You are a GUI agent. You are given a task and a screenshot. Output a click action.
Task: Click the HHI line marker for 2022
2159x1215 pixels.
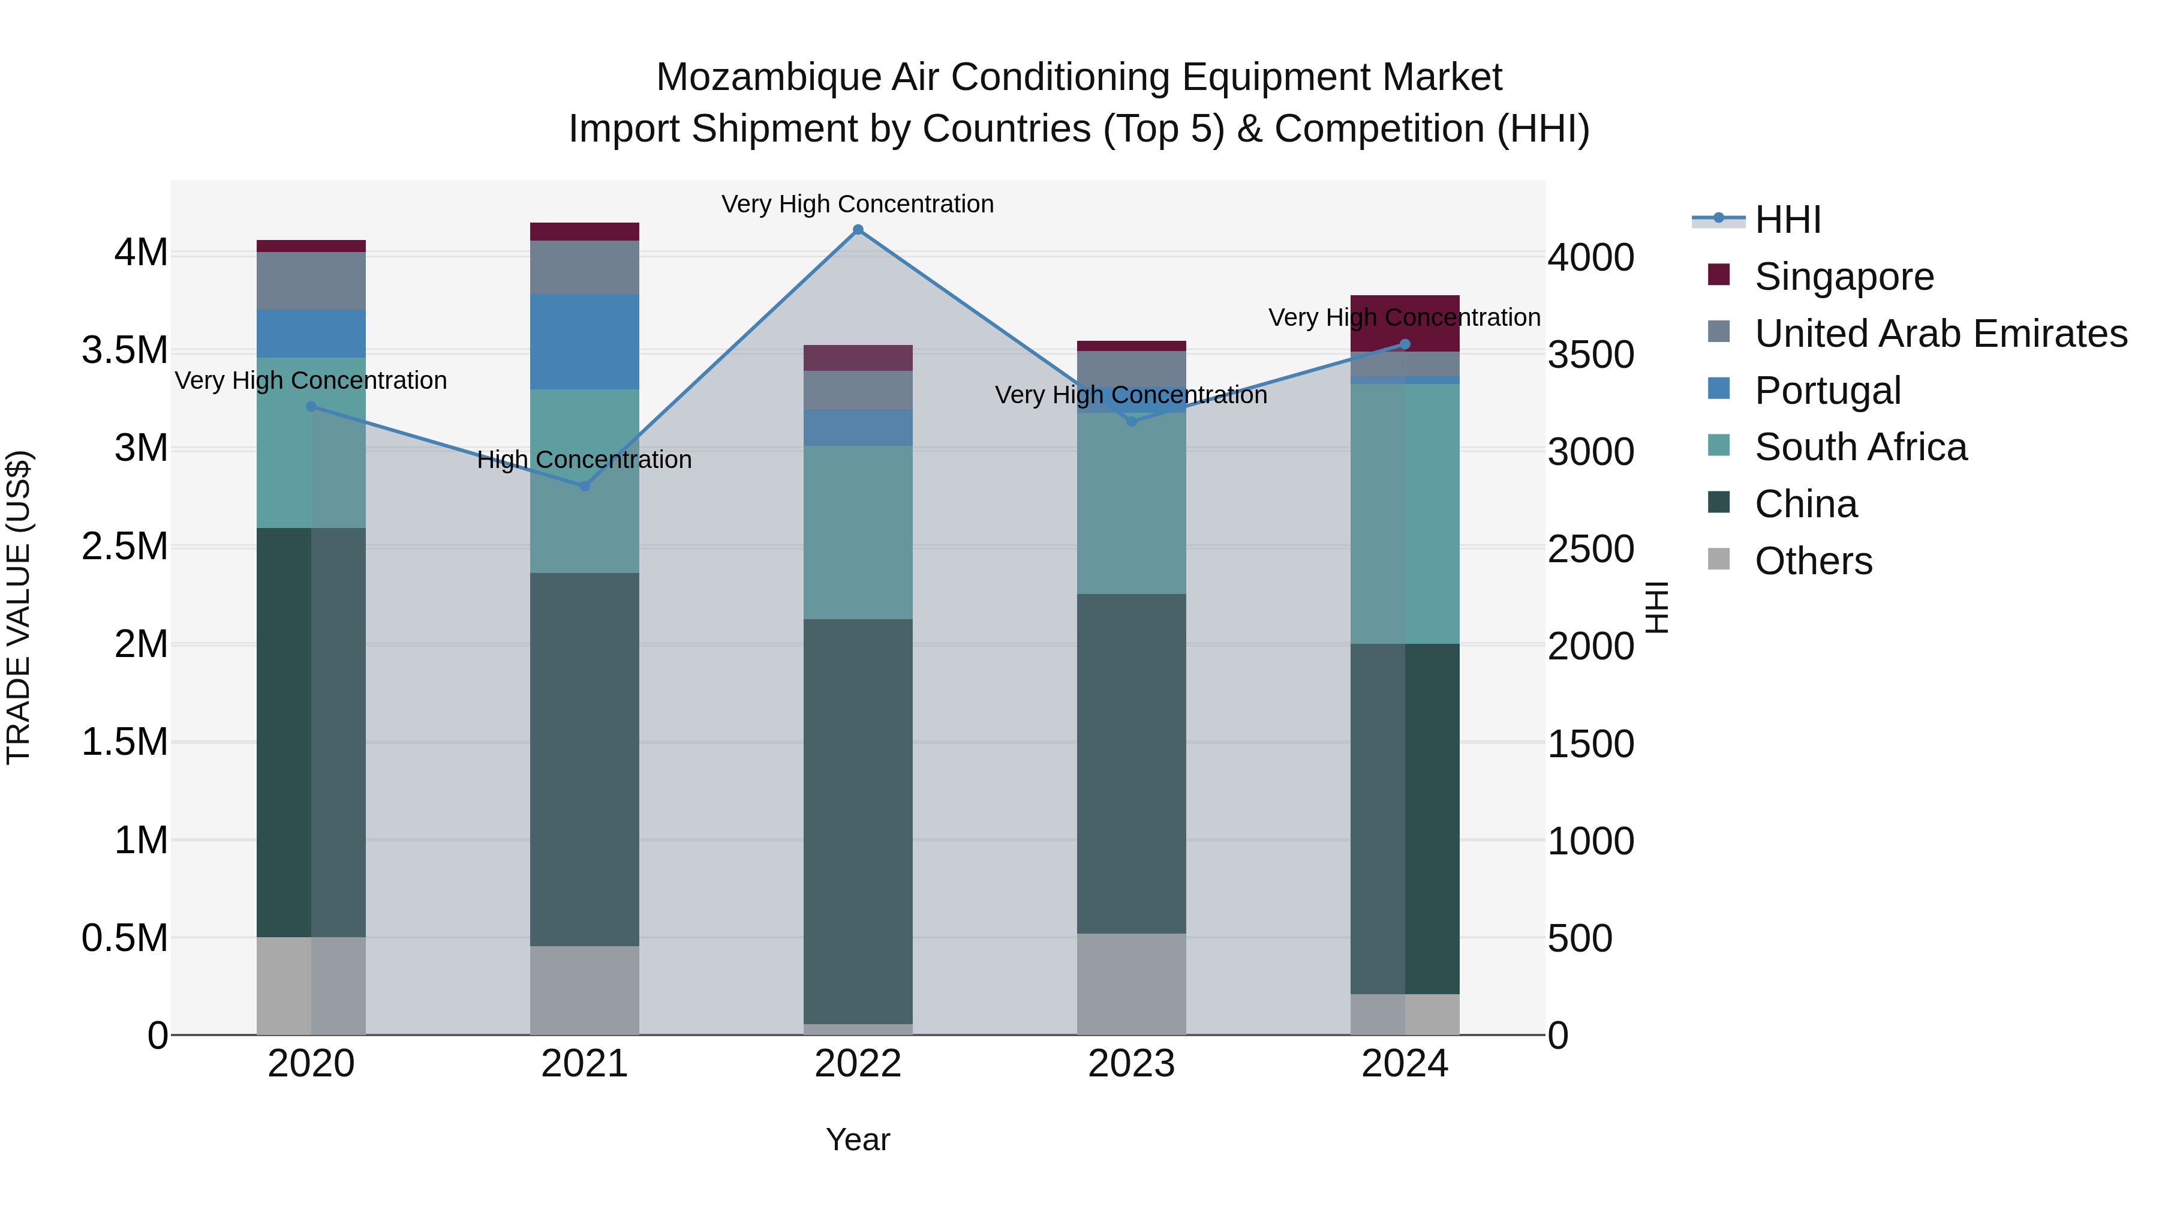(x=858, y=230)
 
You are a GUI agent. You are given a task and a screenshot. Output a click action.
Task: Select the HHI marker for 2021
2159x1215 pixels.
(x=584, y=487)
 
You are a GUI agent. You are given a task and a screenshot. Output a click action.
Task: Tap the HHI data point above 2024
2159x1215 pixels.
(x=1405, y=344)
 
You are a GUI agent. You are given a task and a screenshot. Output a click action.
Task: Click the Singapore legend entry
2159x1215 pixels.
(x=1844, y=277)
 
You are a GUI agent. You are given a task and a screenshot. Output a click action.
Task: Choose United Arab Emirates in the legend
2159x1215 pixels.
(x=1940, y=334)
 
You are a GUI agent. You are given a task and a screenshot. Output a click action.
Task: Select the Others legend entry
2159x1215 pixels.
(x=1813, y=561)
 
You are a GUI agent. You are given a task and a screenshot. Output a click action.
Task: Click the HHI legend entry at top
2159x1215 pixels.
(x=1787, y=220)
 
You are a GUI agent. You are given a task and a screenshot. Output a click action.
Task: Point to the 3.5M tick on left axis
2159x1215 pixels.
(x=125, y=350)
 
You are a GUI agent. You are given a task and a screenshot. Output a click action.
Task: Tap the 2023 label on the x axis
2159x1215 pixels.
(x=1130, y=1064)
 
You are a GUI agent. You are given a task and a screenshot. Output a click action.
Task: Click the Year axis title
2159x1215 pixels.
(x=858, y=1139)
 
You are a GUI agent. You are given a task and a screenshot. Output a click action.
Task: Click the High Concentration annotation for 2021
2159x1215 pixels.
(x=584, y=460)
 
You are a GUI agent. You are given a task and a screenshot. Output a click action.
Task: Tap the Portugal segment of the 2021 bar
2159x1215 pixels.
(x=584, y=341)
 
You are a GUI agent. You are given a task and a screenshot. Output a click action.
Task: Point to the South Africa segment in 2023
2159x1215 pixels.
(x=1130, y=503)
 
